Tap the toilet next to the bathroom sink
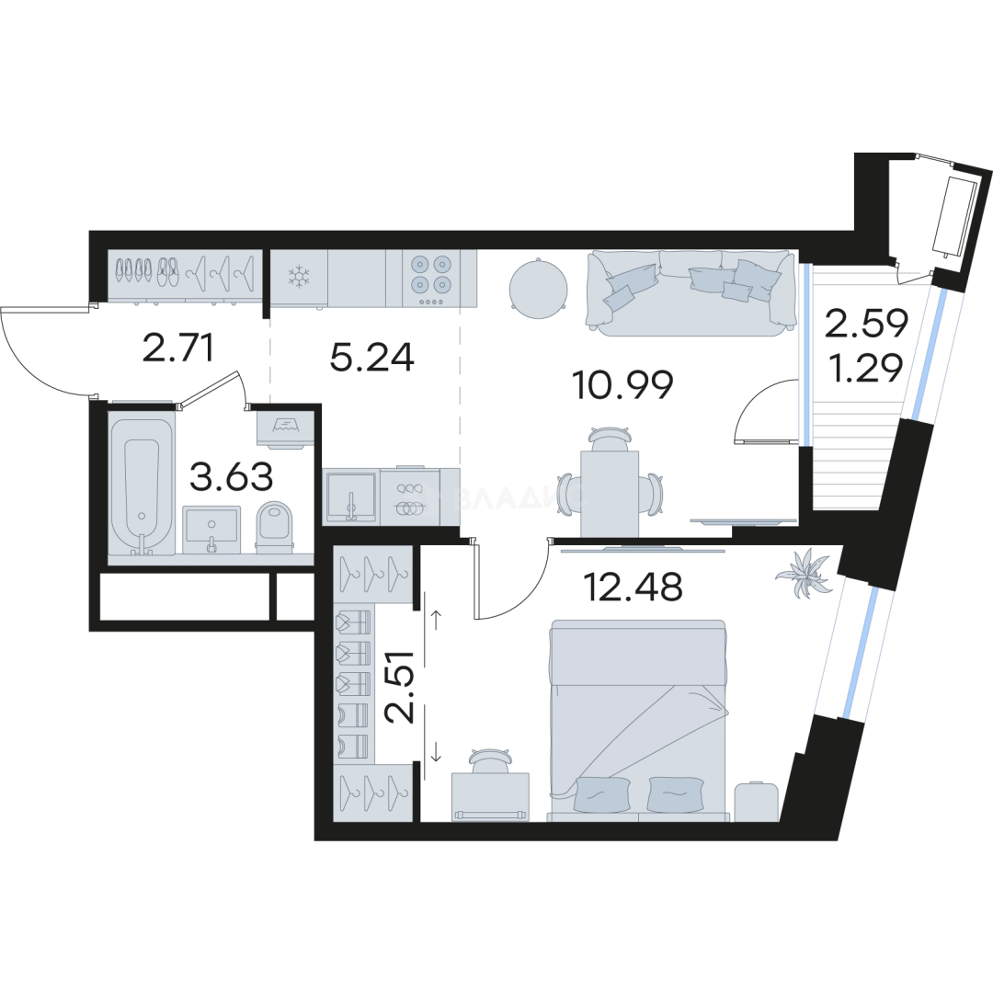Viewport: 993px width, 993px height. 273,527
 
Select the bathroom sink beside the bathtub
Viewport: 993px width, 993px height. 211,530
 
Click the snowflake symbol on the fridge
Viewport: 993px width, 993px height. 298,275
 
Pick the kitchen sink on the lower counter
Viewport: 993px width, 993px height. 350,497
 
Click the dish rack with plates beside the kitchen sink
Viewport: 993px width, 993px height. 409,498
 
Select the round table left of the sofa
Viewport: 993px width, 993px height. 538,287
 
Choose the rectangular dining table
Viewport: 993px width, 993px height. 609,493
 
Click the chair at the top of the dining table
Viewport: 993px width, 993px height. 609,438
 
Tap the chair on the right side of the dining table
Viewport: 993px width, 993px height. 653,494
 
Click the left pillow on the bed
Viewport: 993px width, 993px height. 602,793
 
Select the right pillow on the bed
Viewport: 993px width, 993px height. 676,793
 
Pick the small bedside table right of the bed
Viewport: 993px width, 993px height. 757,799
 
